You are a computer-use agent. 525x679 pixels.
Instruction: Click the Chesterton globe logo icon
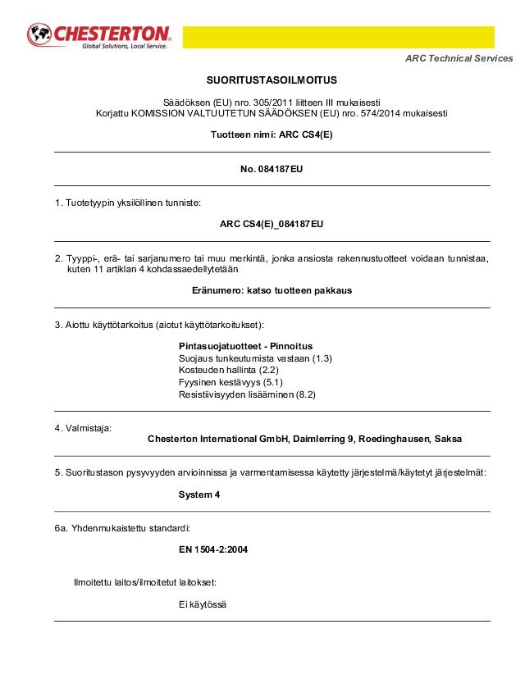pos(40,35)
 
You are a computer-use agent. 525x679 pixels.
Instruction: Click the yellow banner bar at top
pos(338,37)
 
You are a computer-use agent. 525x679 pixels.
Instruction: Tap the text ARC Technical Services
pos(459,58)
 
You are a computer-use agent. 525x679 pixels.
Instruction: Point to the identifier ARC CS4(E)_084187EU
pos(272,224)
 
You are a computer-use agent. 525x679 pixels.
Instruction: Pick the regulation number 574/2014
pos(363,113)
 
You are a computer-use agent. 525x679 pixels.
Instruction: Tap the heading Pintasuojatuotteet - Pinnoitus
pos(245,346)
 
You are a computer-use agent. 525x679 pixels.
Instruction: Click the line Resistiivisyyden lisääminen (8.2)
pos(247,394)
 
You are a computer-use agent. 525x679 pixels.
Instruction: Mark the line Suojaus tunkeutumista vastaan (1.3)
pos(255,358)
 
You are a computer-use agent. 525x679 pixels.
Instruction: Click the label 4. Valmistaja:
pos(83,427)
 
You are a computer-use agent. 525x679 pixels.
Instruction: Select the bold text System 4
pos(199,494)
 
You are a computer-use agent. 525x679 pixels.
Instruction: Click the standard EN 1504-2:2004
pos(213,549)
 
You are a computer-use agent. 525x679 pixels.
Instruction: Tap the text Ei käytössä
pos(203,604)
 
